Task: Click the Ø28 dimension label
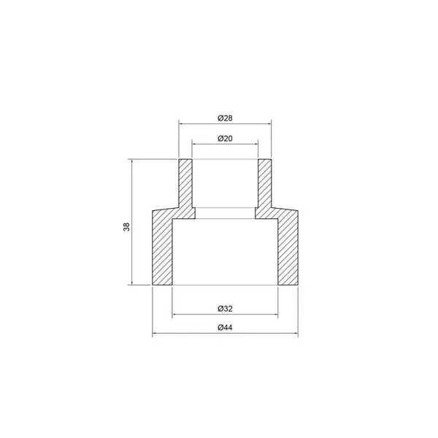[225, 118]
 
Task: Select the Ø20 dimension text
[225, 139]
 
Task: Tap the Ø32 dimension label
[225, 309]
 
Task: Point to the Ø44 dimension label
[225, 327]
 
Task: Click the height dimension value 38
[126, 226]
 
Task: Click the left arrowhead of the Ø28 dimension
[181, 123]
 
